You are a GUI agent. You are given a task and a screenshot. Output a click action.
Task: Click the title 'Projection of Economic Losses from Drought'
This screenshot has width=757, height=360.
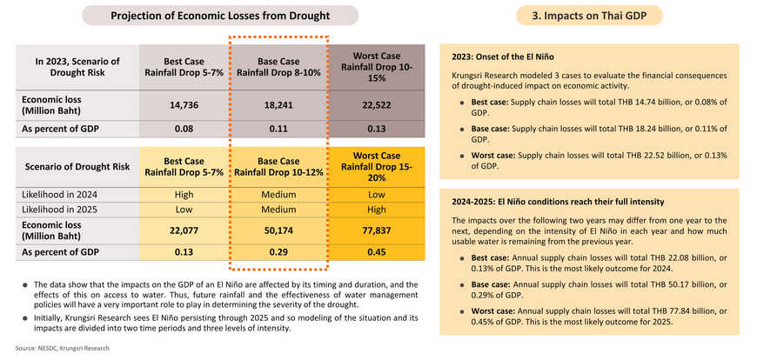pyautogui.click(x=220, y=16)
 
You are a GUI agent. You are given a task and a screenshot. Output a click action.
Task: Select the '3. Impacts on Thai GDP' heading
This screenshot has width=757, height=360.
pyautogui.click(x=589, y=16)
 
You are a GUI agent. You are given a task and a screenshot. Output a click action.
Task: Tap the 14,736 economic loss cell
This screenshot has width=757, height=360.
pyautogui.click(x=184, y=105)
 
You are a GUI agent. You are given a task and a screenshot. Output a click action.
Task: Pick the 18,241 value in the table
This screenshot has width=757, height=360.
pyautogui.click(x=278, y=105)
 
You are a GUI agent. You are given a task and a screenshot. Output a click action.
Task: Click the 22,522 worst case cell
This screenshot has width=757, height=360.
pyautogui.click(x=376, y=105)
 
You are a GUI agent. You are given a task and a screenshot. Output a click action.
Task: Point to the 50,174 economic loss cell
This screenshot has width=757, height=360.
pyautogui.click(x=278, y=230)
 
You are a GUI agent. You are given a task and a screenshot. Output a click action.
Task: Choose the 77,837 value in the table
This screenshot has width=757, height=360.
pyautogui.click(x=376, y=230)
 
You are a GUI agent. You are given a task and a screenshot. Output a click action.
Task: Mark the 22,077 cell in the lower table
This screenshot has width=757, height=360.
pyautogui.click(x=184, y=230)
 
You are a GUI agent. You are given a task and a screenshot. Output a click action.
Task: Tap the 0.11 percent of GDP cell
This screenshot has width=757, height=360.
pyautogui.click(x=278, y=130)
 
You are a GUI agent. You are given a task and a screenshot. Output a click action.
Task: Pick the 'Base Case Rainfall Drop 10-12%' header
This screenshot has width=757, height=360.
pyautogui.click(x=278, y=166)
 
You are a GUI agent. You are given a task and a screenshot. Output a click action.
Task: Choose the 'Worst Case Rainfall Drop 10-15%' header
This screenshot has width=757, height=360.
pyautogui.click(x=376, y=67)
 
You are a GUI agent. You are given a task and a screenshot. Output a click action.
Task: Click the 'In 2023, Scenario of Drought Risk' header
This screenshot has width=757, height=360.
pyautogui.click(x=77, y=67)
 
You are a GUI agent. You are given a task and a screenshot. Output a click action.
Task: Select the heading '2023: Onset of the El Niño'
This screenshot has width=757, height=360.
pyautogui.click(x=503, y=57)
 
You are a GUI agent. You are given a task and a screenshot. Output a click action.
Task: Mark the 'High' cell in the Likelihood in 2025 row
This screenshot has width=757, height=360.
pyautogui.click(x=376, y=210)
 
